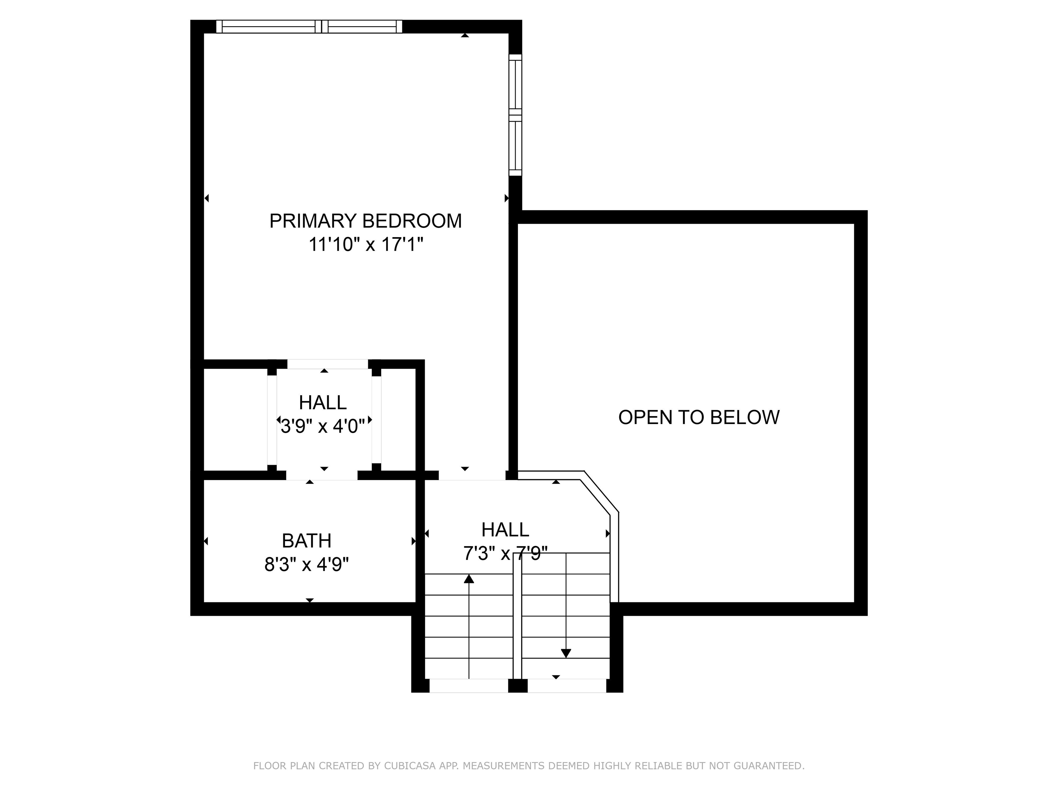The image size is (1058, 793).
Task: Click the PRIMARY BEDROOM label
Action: pyautogui.click(x=365, y=221)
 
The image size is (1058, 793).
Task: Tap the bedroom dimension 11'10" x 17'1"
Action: pyautogui.click(x=365, y=245)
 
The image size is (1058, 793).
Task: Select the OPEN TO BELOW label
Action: pyautogui.click(x=699, y=417)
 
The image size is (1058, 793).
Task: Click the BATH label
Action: pyautogui.click(x=307, y=541)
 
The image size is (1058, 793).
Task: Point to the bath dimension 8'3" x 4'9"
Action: pyautogui.click(x=307, y=565)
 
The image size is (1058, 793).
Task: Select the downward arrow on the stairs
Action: pyautogui.click(x=566, y=653)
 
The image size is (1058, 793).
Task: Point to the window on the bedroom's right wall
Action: pyautogui.click(x=515, y=115)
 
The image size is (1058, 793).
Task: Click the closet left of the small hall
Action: pyautogui.click(x=235, y=420)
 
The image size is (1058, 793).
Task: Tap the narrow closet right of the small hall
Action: pyautogui.click(x=398, y=420)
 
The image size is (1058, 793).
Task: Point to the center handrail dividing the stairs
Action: pyautogui.click(x=517, y=617)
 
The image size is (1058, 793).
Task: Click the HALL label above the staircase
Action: pyautogui.click(x=505, y=530)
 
